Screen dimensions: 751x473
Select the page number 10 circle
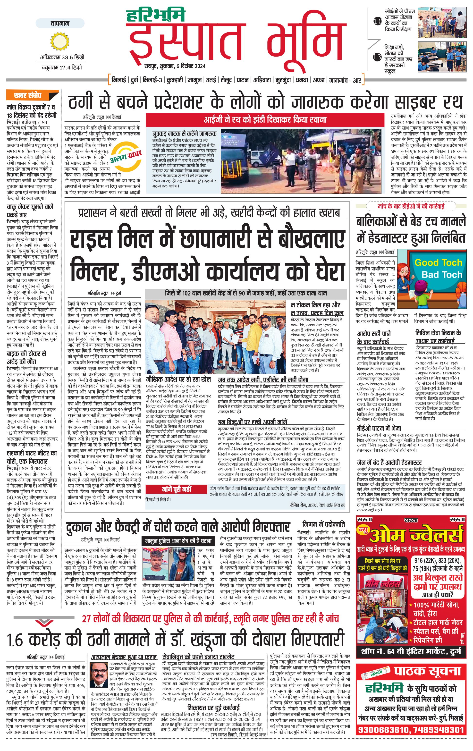[x=377, y=22]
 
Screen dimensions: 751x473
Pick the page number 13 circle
[x=377, y=57]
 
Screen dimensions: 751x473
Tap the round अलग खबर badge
[x=126, y=155]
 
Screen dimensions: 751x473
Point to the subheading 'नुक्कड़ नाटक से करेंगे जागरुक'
[x=184, y=134]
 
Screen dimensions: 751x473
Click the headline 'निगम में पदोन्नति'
[x=324, y=524]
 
